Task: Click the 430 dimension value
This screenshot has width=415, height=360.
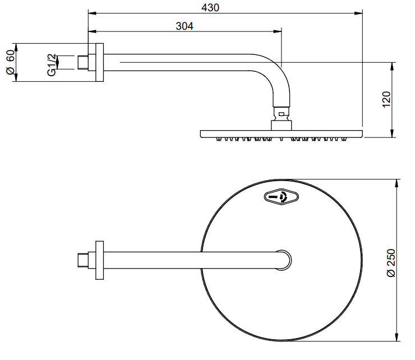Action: point(210,7)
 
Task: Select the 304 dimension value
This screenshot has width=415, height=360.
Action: point(185,26)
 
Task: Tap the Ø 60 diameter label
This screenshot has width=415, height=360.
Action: point(11,62)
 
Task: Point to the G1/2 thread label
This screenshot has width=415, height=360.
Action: point(52,65)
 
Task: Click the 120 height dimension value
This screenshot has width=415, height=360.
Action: point(386,99)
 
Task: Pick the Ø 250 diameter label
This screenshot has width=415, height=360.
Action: point(391,263)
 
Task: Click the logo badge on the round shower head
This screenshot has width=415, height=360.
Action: point(282,197)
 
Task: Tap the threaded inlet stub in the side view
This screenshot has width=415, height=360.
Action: point(83,62)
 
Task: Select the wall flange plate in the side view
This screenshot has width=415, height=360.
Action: point(99,62)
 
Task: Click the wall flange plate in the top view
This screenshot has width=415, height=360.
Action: point(99,260)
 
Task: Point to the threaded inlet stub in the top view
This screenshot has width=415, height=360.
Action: point(83,260)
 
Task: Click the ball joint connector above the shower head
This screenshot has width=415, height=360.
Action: point(282,114)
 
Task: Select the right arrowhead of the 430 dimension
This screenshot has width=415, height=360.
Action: point(358,13)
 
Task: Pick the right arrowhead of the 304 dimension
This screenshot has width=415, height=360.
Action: point(278,31)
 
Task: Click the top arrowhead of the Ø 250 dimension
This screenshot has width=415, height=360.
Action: point(396,183)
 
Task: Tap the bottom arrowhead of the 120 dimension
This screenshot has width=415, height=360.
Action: point(392,133)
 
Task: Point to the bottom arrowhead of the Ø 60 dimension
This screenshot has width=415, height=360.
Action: point(16,77)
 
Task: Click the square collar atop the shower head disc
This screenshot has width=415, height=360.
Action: point(282,126)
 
